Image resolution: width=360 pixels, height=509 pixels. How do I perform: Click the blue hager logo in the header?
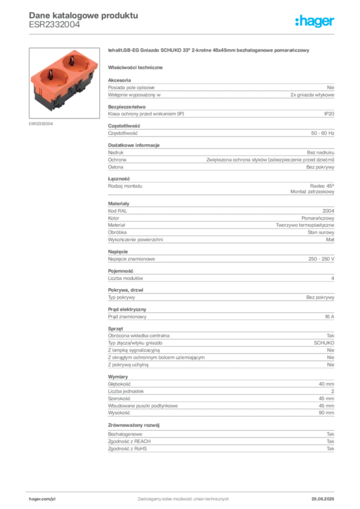tap(315, 21)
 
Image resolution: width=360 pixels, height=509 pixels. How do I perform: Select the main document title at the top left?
tap(82, 15)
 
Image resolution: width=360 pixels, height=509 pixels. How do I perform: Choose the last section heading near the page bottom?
tap(135, 425)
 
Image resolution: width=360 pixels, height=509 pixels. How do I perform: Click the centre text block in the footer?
tap(181, 497)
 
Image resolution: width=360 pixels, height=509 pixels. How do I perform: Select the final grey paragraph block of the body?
tap(220, 443)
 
